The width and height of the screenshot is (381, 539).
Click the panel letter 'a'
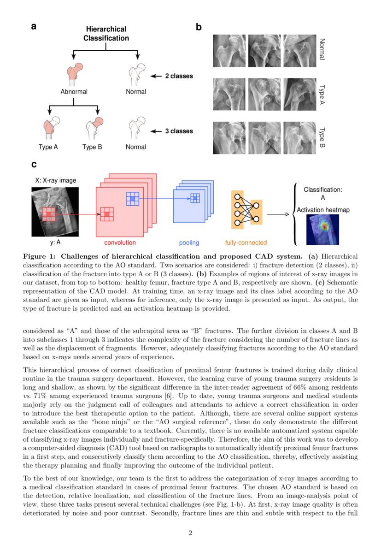[34, 26]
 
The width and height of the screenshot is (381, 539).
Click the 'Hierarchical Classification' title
[106, 34]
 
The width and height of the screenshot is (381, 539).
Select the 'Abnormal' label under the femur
[74, 92]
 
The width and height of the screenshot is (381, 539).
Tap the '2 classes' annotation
[179, 76]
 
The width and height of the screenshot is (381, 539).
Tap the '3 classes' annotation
[179, 131]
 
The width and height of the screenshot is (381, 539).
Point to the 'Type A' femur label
[48, 147]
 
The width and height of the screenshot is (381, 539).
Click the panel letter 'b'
[199, 27]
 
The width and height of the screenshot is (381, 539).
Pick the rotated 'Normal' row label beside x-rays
[322, 49]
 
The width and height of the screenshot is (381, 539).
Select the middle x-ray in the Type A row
[264, 94]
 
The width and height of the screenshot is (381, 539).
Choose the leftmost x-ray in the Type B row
[229, 137]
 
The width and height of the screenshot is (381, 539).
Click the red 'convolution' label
[120, 243]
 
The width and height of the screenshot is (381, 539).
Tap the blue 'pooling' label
[189, 243]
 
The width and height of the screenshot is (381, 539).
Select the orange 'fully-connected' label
[246, 243]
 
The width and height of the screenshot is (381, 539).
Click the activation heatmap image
[322, 229]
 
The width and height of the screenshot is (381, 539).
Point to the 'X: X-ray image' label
[56, 180]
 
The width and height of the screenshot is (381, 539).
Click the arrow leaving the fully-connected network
[277, 214]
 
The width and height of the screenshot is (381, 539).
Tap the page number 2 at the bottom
[190, 533]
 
